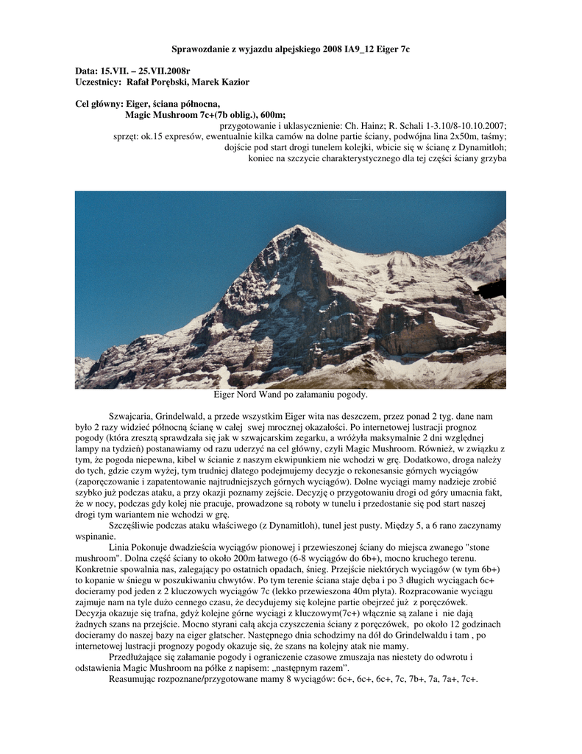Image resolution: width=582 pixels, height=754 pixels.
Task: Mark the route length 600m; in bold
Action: point(272,115)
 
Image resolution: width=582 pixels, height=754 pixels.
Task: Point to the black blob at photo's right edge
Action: point(491,288)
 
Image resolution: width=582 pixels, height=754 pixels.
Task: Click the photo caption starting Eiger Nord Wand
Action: point(290,395)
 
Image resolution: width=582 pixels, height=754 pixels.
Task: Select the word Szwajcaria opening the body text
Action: point(130,417)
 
